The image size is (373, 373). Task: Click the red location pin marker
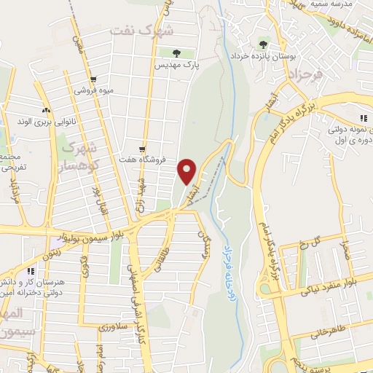tap(188, 171)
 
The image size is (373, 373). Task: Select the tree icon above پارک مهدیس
tap(175, 52)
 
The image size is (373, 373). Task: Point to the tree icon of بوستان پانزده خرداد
tap(262, 45)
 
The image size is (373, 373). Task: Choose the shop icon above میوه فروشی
tap(93, 80)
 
